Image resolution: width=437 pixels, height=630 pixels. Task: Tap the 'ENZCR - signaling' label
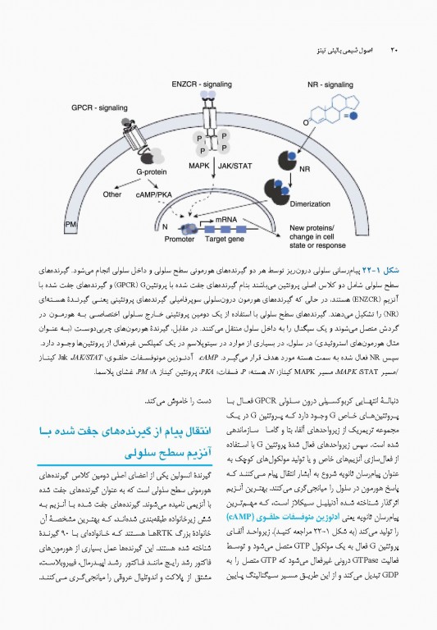202,84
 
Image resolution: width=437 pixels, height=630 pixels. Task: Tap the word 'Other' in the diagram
112,194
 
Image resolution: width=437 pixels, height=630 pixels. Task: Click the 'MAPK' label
199,165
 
